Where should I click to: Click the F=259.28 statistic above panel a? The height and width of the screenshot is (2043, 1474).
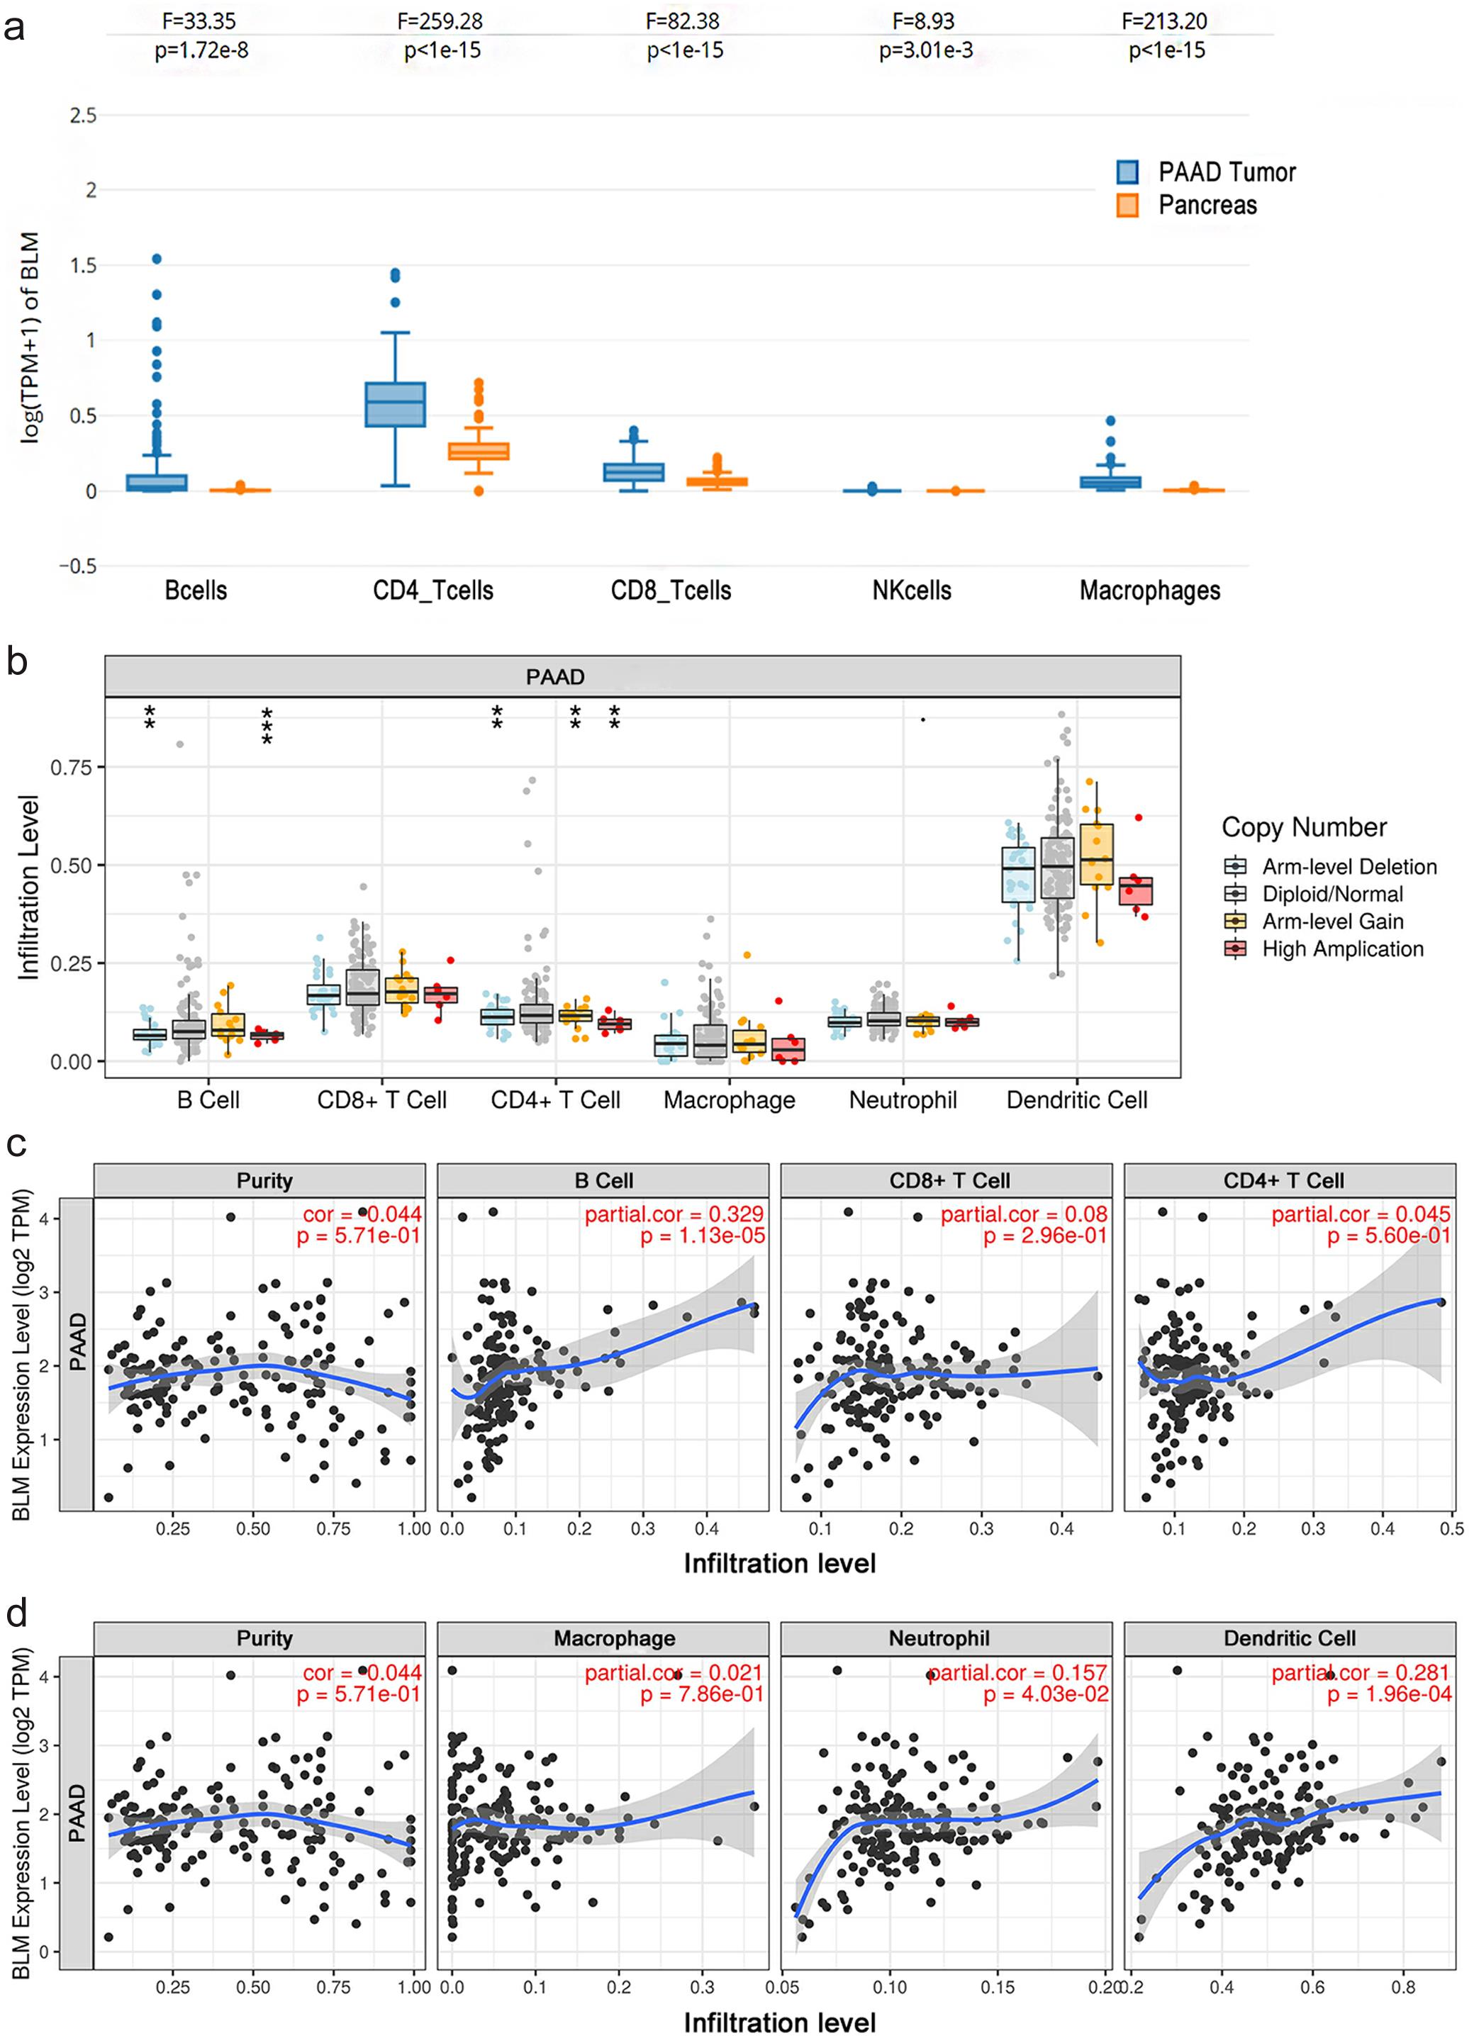[440, 21]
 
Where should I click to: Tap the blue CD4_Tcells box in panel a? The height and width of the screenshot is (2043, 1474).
[395, 405]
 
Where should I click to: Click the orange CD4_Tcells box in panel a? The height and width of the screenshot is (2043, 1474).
[479, 450]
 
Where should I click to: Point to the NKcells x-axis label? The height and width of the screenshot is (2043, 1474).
[911, 591]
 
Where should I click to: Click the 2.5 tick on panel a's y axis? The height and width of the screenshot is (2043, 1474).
[84, 116]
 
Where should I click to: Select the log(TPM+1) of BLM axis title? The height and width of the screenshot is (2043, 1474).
[30, 338]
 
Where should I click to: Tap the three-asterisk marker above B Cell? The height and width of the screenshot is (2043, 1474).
[267, 726]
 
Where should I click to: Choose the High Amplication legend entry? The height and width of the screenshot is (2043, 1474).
[1341, 948]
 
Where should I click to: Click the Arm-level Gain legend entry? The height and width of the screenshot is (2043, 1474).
[1331, 922]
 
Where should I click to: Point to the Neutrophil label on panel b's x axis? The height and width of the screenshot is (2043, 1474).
[903, 1100]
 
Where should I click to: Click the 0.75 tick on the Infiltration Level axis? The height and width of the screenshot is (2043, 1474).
[71, 768]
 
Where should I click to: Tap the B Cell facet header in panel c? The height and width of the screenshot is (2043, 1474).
[603, 1180]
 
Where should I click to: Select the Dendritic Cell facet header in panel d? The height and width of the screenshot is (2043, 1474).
[1289, 1638]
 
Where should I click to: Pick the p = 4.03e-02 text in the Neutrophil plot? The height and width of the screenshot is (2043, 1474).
[1045, 1694]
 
